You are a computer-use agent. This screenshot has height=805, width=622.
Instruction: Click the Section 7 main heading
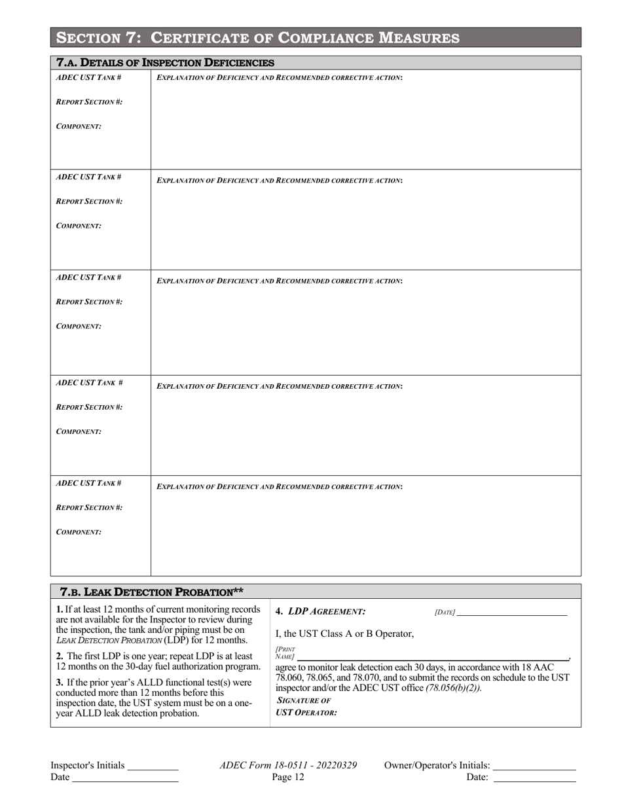click(258, 38)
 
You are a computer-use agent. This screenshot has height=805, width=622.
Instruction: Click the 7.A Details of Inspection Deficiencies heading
click(166, 63)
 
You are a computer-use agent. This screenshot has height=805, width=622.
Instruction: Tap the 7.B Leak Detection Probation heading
click(151, 592)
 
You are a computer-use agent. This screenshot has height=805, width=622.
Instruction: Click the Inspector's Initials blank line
click(153, 767)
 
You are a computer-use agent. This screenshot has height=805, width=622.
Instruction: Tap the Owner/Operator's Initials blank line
click(534, 767)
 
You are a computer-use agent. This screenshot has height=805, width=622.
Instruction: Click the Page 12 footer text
click(289, 778)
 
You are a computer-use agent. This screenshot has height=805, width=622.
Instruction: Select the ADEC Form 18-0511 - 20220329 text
click(289, 765)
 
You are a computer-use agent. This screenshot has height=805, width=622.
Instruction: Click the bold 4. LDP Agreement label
click(320, 612)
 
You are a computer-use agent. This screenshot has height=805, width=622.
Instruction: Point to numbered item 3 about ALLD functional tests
click(154, 698)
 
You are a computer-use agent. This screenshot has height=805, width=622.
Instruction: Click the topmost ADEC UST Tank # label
click(88, 77)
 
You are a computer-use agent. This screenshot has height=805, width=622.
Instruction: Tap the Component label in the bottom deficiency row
click(79, 532)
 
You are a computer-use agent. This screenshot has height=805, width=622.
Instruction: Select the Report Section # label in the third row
click(89, 302)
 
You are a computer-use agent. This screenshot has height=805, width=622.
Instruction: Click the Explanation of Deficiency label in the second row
click(280, 180)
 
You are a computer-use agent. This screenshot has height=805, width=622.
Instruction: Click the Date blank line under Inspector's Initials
click(125, 779)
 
